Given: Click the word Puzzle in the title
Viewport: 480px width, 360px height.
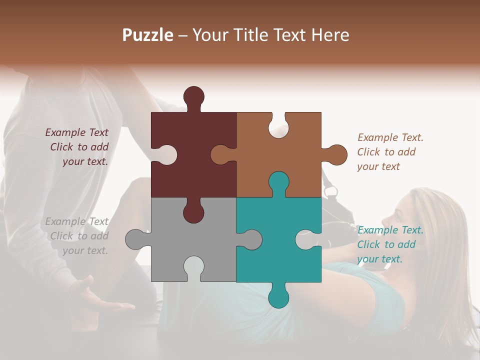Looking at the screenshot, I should pyautogui.click(x=147, y=35).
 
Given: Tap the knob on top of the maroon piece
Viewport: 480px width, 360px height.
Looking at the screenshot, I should pyautogui.click(x=193, y=96).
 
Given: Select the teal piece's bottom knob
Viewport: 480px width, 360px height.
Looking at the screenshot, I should pyautogui.click(x=278, y=298).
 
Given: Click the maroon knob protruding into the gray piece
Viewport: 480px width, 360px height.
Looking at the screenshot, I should pyautogui.click(x=193, y=212).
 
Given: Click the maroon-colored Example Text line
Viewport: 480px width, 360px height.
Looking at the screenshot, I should pyautogui.click(x=76, y=132).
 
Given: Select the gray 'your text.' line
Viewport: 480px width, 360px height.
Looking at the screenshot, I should pyautogui.click(x=85, y=250).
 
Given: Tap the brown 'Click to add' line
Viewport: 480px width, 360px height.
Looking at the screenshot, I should pyautogui.click(x=386, y=152).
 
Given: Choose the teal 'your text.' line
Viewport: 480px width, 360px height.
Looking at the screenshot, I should pyautogui.click(x=379, y=259).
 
